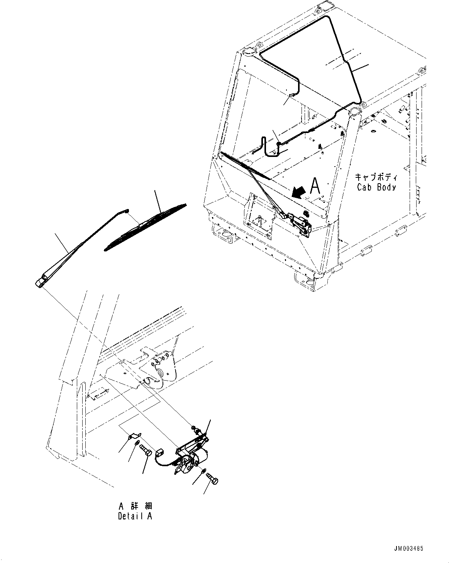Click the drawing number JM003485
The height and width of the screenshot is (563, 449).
[408, 548]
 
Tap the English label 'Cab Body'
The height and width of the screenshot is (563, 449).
[376, 187]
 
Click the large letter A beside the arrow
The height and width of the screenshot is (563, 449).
[315, 186]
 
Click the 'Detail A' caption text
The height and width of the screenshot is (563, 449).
[135, 516]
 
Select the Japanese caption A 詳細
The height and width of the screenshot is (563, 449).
[135, 506]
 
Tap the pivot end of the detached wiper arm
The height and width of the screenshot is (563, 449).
[40, 282]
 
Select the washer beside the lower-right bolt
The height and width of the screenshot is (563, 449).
[203, 472]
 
